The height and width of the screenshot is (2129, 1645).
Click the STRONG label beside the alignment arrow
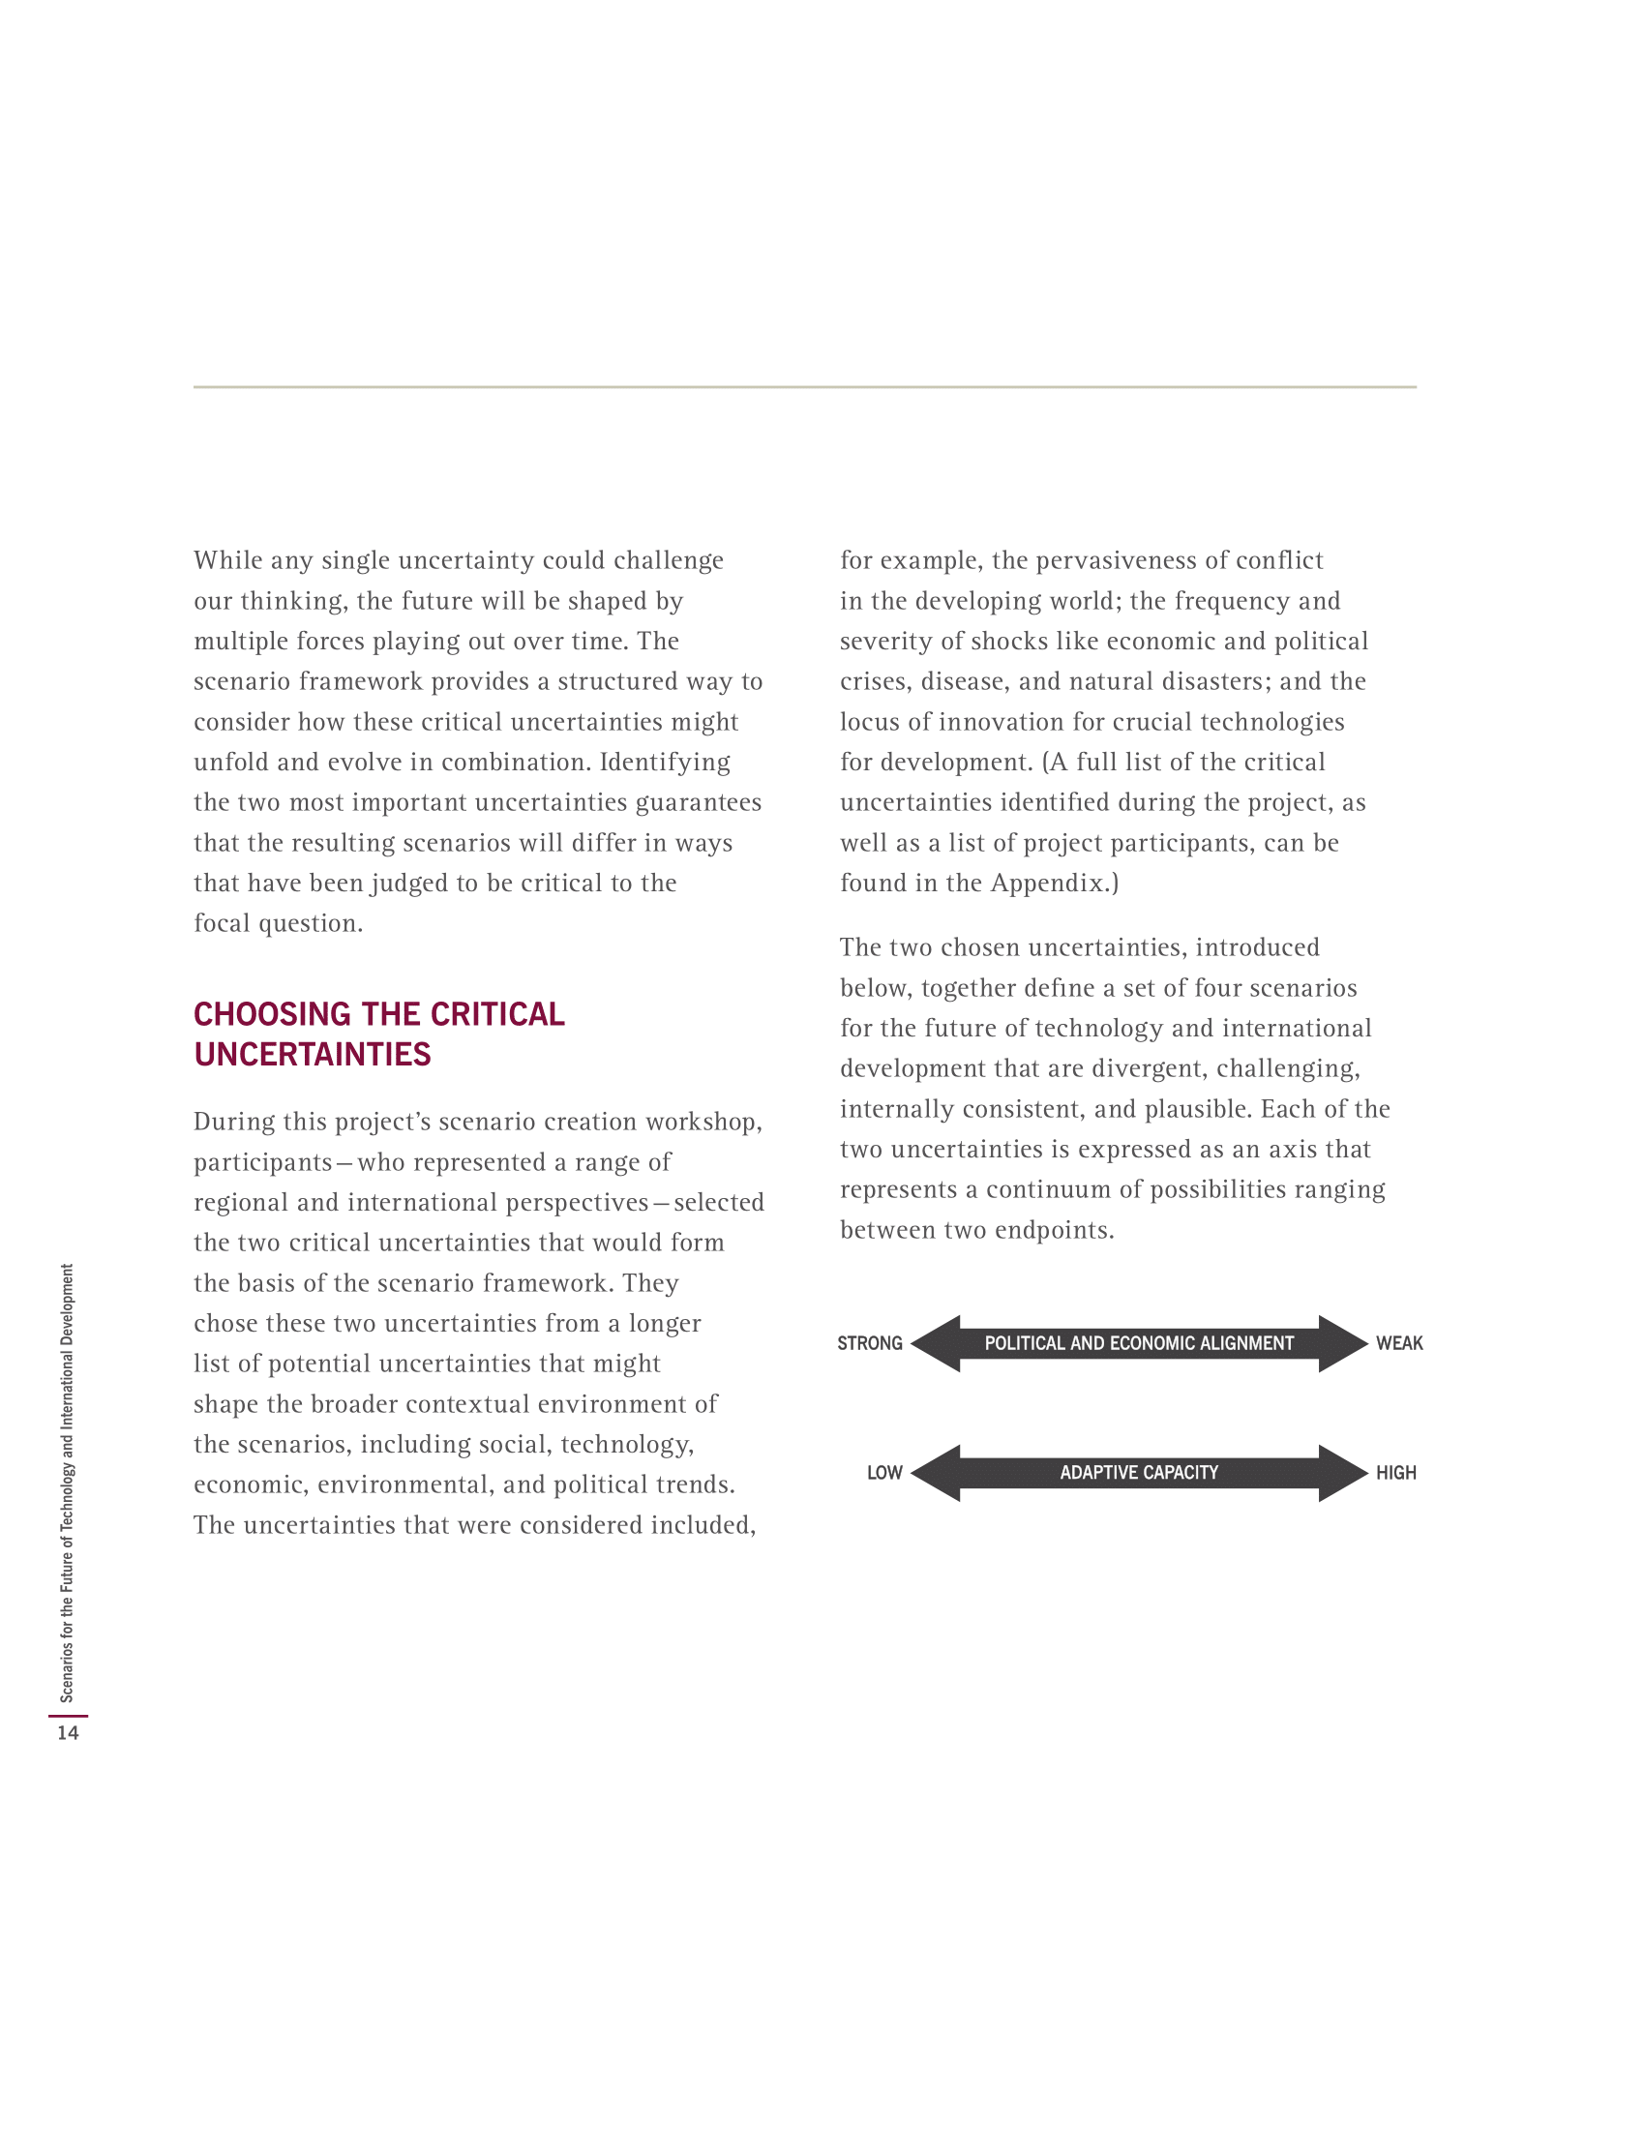click(869, 1343)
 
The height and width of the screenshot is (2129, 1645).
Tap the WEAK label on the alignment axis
click(1398, 1343)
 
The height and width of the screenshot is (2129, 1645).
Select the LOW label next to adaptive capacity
click(883, 1473)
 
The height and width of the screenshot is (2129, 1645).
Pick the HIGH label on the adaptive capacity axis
click(1395, 1473)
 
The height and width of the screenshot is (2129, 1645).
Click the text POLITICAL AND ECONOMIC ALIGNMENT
click(1138, 1343)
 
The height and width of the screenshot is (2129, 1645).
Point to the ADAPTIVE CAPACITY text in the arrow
click(1138, 1473)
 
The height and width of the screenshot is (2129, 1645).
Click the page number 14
click(67, 1732)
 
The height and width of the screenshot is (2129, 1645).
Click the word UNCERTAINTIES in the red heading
click(312, 1055)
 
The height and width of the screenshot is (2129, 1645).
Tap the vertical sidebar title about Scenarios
click(67, 1482)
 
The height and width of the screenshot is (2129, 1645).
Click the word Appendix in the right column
click(1049, 884)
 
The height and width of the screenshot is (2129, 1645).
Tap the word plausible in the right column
click(1198, 1109)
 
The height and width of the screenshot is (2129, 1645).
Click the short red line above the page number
click(67, 1715)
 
